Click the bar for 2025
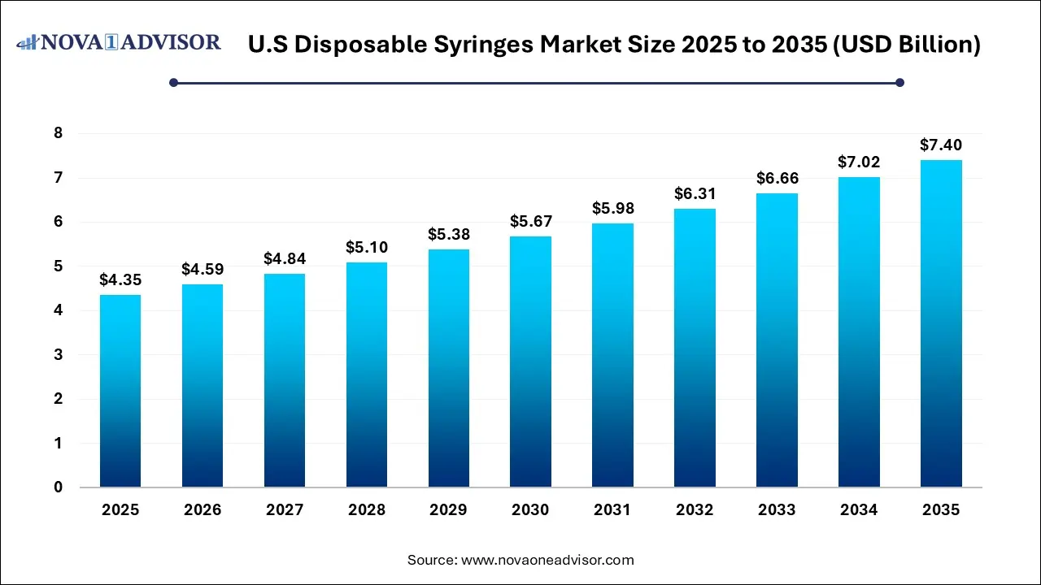[x=120, y=391]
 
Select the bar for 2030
[x=530, y=362]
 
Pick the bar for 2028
[x=366, y=375]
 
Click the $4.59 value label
[x=202, y=269]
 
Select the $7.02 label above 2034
[x=858, y=162]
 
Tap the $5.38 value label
[x=448, y=234]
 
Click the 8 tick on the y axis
[x=58, y=133]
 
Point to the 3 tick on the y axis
[x=58, y=355]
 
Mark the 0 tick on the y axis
[x=58, y=487]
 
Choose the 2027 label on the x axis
[x=284, y=510]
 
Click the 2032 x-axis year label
[x=694, y=510]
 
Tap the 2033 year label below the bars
[x=776, y=510]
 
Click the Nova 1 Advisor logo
[x=119, y=41]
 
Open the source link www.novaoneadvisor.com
[x=547, y=560]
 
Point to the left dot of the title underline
[x=173, y=82]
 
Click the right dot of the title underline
[x=899, y=82]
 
